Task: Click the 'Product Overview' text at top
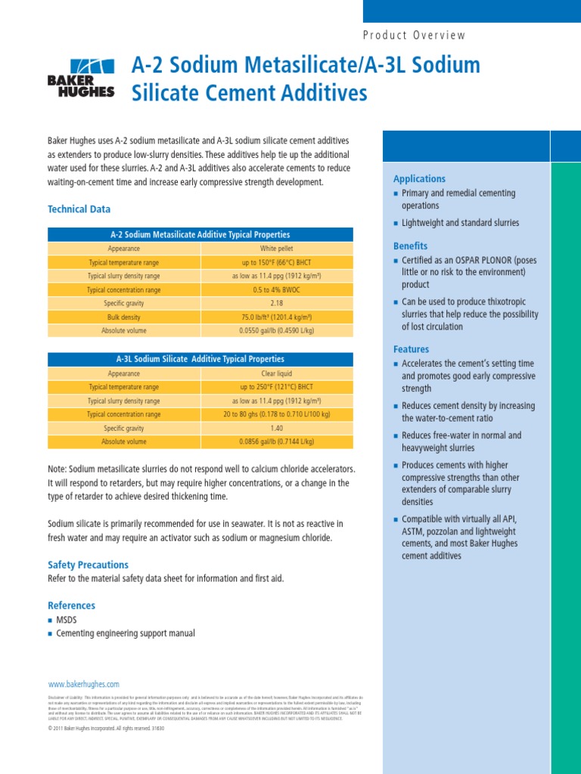pos(415,35)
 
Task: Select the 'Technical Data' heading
pos(79,209)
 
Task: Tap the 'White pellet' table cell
pos(276,248)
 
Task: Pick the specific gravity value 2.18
pos(276,303)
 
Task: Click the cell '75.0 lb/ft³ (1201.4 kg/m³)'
pos(276,317)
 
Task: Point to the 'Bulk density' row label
pos(123,317)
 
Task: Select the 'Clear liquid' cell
pos(276,373)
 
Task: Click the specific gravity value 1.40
pos(276,428)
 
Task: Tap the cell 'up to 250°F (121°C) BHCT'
pos(276,387)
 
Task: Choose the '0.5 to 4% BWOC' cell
pos(276,289)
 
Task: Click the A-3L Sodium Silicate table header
pos(200,359)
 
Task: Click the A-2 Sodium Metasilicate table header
pos(200,234)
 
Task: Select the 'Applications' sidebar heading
pos(419,179)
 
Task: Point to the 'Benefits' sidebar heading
pos(410,246)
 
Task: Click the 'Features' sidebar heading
pos(411,349)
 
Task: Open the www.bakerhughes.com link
pos(83,684)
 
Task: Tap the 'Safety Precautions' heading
pos(88,565)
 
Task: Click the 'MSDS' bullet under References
pos(67,620)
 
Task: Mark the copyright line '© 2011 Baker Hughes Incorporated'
pos(106,729)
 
